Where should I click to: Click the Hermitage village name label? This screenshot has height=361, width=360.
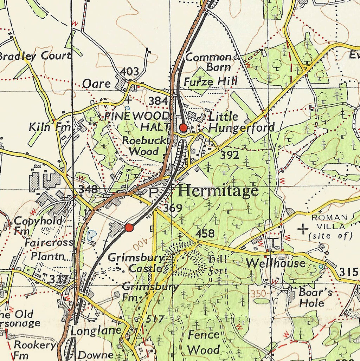[218, 191]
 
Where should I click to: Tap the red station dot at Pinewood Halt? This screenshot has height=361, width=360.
[183, 127]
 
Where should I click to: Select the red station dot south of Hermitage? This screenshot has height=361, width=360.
[129, 228]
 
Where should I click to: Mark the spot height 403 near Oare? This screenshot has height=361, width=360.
[129, 72]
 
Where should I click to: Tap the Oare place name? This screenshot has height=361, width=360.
[96, 84]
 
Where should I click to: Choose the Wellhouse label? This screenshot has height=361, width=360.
[276, 263]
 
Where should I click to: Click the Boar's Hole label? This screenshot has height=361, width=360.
[311, 297]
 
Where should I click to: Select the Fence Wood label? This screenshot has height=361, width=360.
[204, 342]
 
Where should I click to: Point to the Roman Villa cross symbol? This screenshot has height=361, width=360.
[302, 230]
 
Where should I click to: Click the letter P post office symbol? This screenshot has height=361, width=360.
[153, 192]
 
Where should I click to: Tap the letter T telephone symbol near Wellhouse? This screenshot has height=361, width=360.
[273, 242]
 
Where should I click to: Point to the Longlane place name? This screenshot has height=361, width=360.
[96, 331]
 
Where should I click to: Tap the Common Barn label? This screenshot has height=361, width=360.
[209, 62]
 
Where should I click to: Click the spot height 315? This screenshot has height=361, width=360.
[349, 272]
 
